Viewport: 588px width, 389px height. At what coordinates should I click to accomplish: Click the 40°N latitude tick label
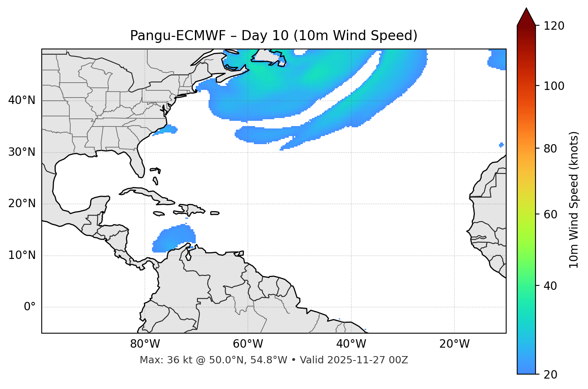[x=22, y=100]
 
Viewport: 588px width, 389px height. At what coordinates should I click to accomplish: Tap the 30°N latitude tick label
[x=22, y=152]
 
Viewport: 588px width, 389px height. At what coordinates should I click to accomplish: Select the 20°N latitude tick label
[x=22, y=204]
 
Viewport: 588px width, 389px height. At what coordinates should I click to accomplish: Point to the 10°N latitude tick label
[x=22, y=255]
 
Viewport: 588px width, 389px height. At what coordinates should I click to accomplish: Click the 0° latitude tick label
[x=30, y=307]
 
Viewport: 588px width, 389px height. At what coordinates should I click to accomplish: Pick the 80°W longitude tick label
[x=145, y=344]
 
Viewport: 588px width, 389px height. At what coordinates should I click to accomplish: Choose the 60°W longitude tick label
[x=248, y=344]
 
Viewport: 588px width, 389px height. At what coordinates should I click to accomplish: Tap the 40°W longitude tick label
[x=351, y=344]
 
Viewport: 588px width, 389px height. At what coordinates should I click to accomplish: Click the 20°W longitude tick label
[x=454, y=344]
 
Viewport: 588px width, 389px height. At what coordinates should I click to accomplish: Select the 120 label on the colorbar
[x=554, y=26]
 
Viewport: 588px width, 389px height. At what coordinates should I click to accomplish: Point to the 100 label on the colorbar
[x=554, y=86]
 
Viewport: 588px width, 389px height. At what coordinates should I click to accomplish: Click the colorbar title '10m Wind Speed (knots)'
[x=574, y=200]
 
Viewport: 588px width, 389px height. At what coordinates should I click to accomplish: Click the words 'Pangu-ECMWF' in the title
[x=165, y=36]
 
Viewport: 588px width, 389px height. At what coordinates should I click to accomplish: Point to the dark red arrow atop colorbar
[x=526, y=17]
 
